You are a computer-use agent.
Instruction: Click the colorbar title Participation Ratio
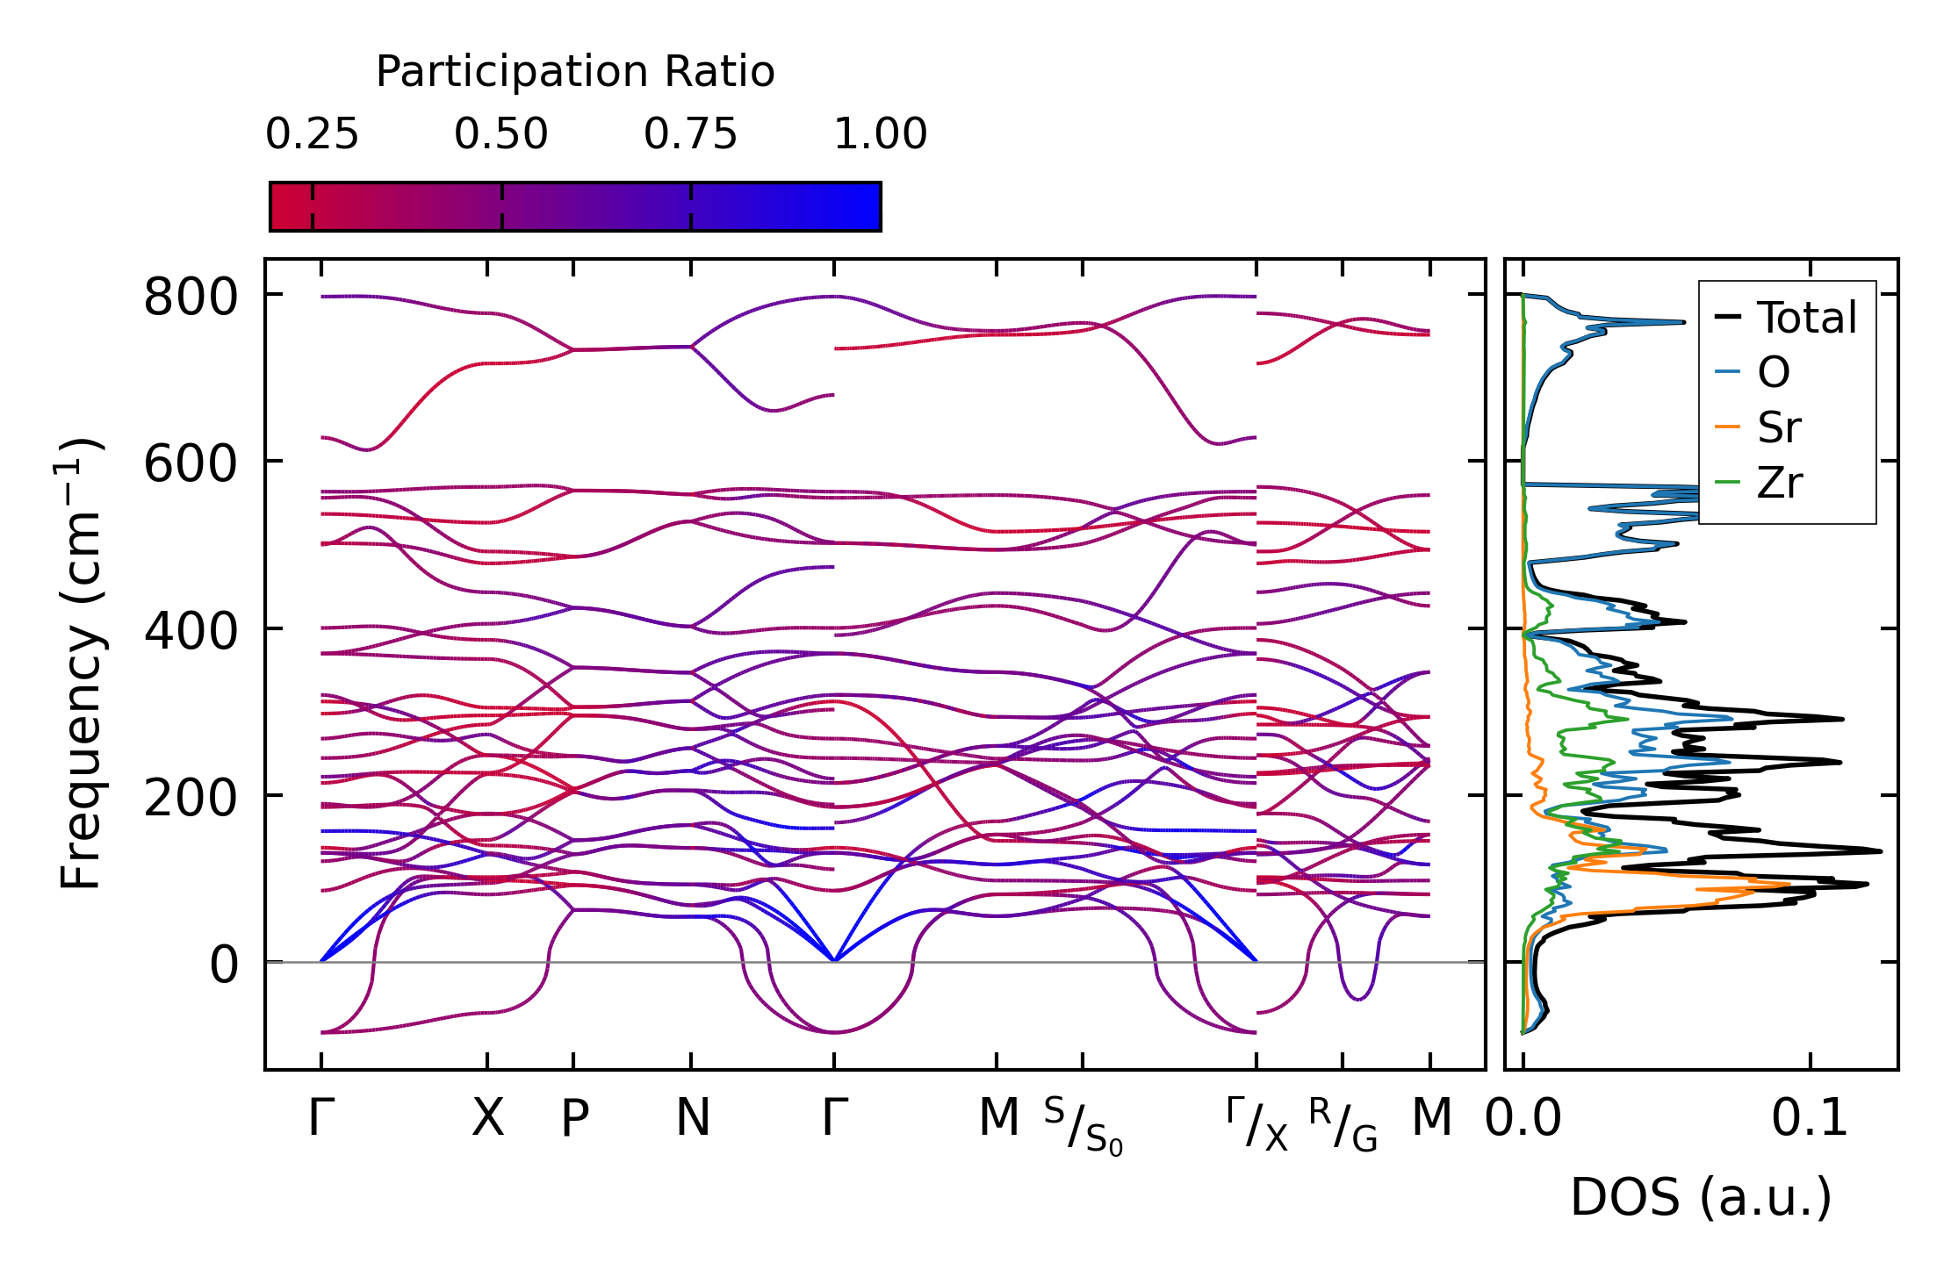tap(575, 72)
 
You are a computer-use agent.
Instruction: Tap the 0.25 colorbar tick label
tap(312, 134)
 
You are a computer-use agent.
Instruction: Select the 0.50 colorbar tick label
tap(501, 134)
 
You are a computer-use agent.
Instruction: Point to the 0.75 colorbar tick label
tap(691, 134)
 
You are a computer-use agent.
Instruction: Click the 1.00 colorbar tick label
tap(880, 134)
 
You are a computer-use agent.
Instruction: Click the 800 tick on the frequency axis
tap(191, 297)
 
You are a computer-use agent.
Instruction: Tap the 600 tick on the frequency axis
tap(191, 463)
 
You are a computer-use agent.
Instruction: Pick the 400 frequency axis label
tap(191, 630)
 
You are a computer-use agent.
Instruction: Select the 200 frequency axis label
tap(191, 798)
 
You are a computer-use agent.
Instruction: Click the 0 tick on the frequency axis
tap(224, 965)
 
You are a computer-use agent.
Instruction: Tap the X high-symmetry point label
tap(487, 1118)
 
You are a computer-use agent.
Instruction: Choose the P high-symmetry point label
tap(574, 1118)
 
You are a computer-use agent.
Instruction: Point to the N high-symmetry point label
tap(692, 1118)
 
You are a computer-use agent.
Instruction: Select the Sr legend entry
tap(1779, 428)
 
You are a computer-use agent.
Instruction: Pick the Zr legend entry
tap(1779, 483)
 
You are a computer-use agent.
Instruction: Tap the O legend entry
tap(1774, 373)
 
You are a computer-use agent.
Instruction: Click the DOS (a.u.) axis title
tap(1701, 1197)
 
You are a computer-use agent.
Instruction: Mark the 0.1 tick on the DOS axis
tap(1810, 1118)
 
